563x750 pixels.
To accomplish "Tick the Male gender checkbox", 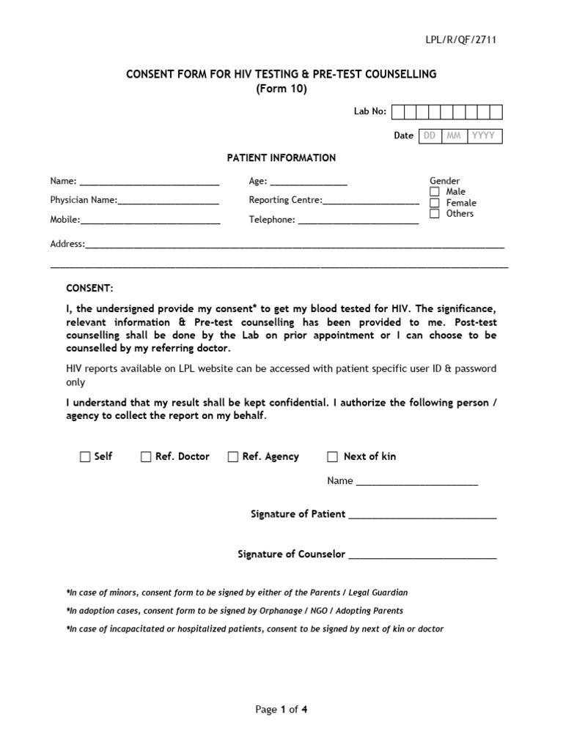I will pyautogui.click(x=435, y=192).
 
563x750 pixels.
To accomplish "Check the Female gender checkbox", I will pyautogui.click(x=435, y=203).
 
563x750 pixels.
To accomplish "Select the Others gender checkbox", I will pyautogui.click(x=435, y=214).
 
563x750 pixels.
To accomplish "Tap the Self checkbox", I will pyautogui.click(x=85, y=457).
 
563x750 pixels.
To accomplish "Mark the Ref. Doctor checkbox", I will pyautogui.click(x=146, y=457).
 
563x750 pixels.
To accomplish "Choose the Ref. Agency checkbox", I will pyautogui.click(x=233, y=457).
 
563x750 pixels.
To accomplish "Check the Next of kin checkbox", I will pyautogui.click(x=332, y=457).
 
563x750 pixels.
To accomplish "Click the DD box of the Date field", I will pyautogui.click(x=430, y=135).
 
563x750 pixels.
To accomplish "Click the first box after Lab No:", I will pyautogui.click(x=398, y=111).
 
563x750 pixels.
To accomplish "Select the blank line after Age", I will pyautogui.click(x=309, y=184).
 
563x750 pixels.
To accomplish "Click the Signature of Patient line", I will pyautogui.click(x=422, y=517).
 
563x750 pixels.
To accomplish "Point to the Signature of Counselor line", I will pyautogui.click(x=422, y=557).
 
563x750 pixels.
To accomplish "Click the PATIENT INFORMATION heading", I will pyautogui.click(x=281, y=157).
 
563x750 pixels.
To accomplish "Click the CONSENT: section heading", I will pyautogui.click(x=90, y=289).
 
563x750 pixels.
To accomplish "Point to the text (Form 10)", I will pyautogui.click(x=281, y=89).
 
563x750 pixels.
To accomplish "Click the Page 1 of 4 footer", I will pyautogui.click(x=281, y=709).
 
